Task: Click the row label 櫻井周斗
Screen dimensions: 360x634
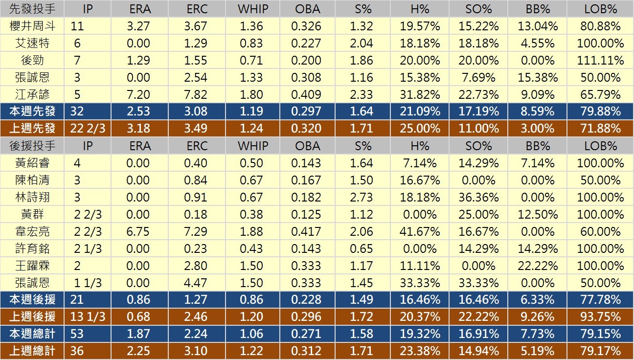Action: [x=32, y=26]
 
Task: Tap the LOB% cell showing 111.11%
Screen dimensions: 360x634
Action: [x=600, y=61]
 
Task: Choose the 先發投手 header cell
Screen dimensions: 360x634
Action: [x=32, y=9]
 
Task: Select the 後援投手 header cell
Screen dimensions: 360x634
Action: [x=32, y=146]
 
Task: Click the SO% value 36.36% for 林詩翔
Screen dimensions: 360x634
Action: [x=478, y=198]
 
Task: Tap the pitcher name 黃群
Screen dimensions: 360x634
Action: [x=32, y=215]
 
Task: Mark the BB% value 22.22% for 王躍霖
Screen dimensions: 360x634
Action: [x=538, y=266]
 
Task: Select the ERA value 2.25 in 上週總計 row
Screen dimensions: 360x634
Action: [x=138, y=351]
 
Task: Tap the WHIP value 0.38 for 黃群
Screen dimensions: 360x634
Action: [x=251, y=215]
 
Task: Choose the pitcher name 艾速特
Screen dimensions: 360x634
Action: [x=32, y=44]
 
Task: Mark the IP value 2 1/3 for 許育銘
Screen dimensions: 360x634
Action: [x=88, y=249]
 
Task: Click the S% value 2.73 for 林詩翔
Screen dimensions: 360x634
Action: [x=362, y=198]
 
